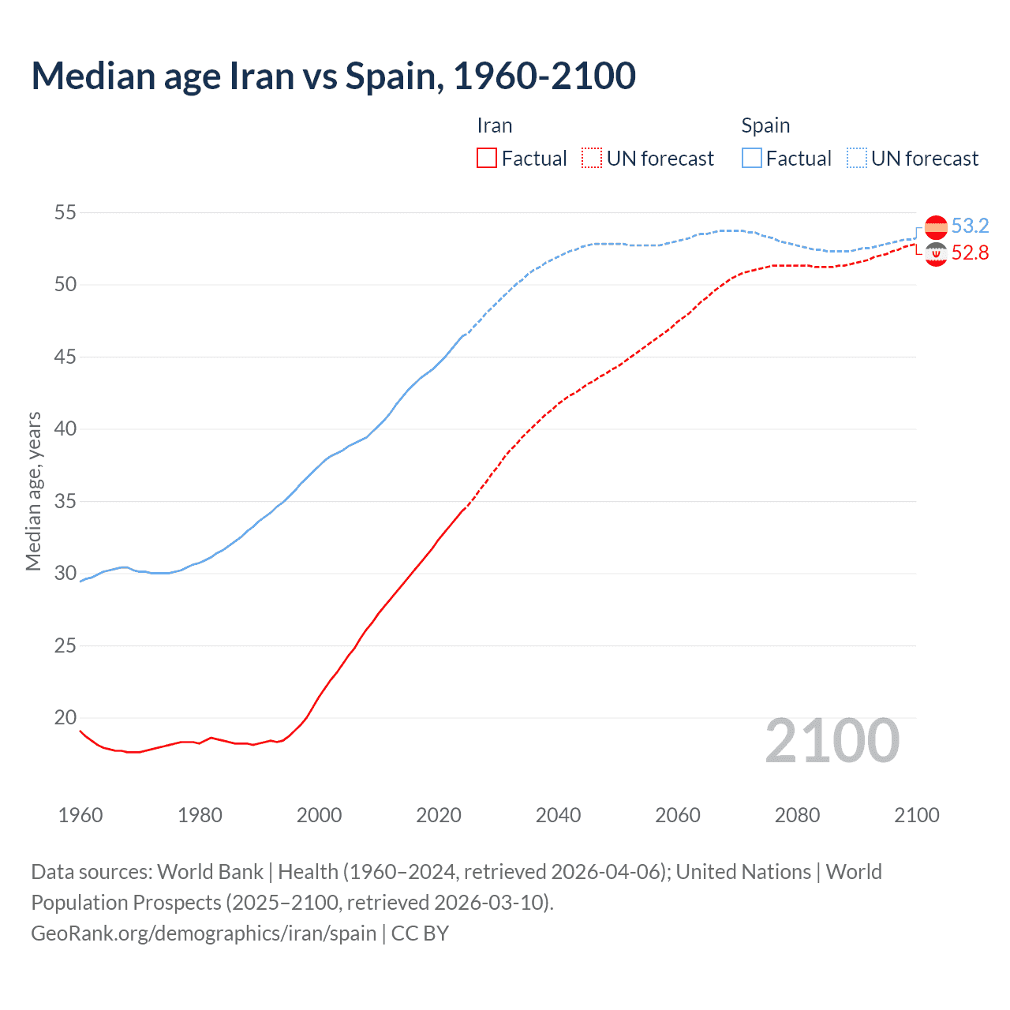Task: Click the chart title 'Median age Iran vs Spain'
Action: (333, 76)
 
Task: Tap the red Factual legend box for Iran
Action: (487, 159)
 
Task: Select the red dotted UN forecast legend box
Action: (592, 159)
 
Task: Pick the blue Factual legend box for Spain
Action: (752, 159)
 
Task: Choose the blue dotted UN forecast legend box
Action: (857, 159)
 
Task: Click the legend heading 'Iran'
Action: (495, 126)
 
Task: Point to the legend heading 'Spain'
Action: (765, 126)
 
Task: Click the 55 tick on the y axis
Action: (65, 212)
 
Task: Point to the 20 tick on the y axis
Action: (65, 717)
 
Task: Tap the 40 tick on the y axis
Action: (65, 429)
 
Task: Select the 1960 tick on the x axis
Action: (80, 815)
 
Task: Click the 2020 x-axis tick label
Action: (439, 815)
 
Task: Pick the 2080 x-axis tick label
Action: (797, 815)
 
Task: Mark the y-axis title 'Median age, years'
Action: (33, 491)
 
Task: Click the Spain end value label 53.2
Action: (970, 226)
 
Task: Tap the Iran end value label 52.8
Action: (970, 253)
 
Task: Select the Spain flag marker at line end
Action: (936, 226)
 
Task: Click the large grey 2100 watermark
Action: (832, 741)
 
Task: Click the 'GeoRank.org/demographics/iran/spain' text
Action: (204, 933)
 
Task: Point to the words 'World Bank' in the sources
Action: (210, 872)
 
